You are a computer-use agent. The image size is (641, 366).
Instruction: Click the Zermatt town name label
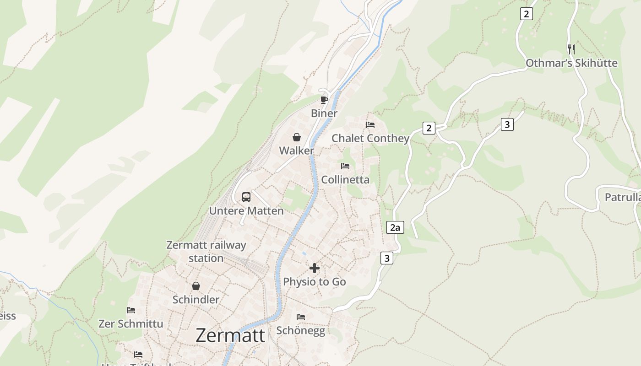coord(230,335)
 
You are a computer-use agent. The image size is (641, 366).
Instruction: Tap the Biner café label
coord(324,113)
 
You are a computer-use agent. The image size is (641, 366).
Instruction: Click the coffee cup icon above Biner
coord(324,100)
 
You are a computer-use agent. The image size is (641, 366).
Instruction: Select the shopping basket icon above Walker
coord(297,137)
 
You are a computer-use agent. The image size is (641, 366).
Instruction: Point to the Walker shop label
coord(297,151)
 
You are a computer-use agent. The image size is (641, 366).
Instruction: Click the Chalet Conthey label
coord(370,138)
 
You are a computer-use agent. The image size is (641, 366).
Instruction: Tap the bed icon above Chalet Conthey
coord(370,124)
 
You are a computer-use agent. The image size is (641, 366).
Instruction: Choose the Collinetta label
coord(345,179)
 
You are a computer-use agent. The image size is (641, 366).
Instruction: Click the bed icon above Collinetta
coord(345,166)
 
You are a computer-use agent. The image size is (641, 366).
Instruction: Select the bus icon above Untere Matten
coord(246,197)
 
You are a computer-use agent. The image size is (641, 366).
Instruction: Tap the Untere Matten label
coord(246,211)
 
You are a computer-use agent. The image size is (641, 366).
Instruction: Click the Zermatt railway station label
coord(206,251)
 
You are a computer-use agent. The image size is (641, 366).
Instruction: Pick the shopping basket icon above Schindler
coord(196,286)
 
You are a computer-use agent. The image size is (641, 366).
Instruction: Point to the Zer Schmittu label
coord(131,323)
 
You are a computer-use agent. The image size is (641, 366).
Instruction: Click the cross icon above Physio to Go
coord(315,268)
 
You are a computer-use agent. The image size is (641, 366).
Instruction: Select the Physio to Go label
coord(315,282)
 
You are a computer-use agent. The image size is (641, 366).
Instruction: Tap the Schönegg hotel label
coord(301,330)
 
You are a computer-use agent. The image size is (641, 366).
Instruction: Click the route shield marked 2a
coord(395,227)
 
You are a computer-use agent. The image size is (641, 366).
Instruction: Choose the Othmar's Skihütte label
coord(571,63)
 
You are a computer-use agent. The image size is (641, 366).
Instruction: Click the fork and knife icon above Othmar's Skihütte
coord(571,49)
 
